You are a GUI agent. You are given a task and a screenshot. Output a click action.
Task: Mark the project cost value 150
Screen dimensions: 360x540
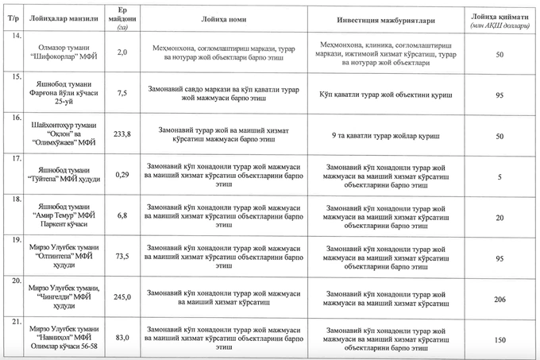[x=499, y=339]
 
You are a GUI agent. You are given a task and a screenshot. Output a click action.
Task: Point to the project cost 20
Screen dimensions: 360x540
[x=499, y=217]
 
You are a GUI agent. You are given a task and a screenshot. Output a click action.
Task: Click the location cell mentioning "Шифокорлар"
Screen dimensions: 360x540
[x=65, y=51]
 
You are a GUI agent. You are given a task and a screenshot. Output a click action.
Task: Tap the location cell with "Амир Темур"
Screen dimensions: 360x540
[x=65, y=215]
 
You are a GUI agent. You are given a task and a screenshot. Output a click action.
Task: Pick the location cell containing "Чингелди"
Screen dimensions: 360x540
[x=65, y=296]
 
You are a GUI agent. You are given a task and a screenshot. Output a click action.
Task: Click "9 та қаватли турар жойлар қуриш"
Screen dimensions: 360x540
[x=385, y=137]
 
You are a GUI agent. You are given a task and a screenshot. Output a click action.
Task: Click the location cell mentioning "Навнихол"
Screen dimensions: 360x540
[x=65, y=337]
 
